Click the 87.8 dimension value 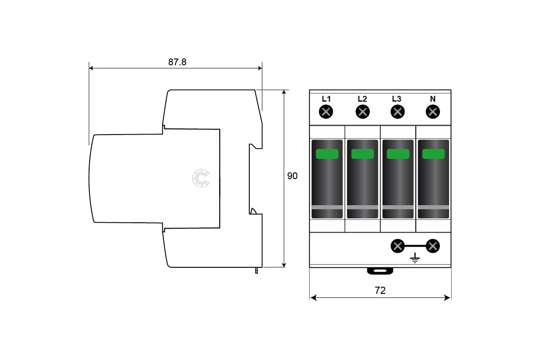pyautogui.click(x=177, y=62)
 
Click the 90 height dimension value pyautogui.click(x=292, y=176)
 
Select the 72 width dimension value pyautogui.click(x=380, y=291)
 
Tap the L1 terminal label pyautogui.click(x=326, y=99)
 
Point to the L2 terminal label pyautogui.click(x=362, y=99)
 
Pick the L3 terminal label pyautogui.click(x=396, y=99)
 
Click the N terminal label pyautogui.click(x=432, y=99)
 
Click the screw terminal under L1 pyautogui.click(x=326, y=112)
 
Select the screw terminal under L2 pyautogui.click(x=362, y=112)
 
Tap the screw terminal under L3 pyautogui.click(x=396, y=112)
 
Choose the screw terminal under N pyautogui.click(x=432, y=112)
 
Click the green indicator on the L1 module pyautogui.click(x=327, y=154)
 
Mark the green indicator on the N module pyautogui.click(x=433, y=154)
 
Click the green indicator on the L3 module pyautogui.click(x=398, y=154)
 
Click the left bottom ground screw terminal pyautogui.click(x=397, y=246)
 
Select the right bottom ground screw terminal pyautogui.click(x=433, y=246)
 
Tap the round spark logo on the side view pyautogui.click(x=201, y=178)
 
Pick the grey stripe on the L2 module pyautogui.click(x=362, y=207)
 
